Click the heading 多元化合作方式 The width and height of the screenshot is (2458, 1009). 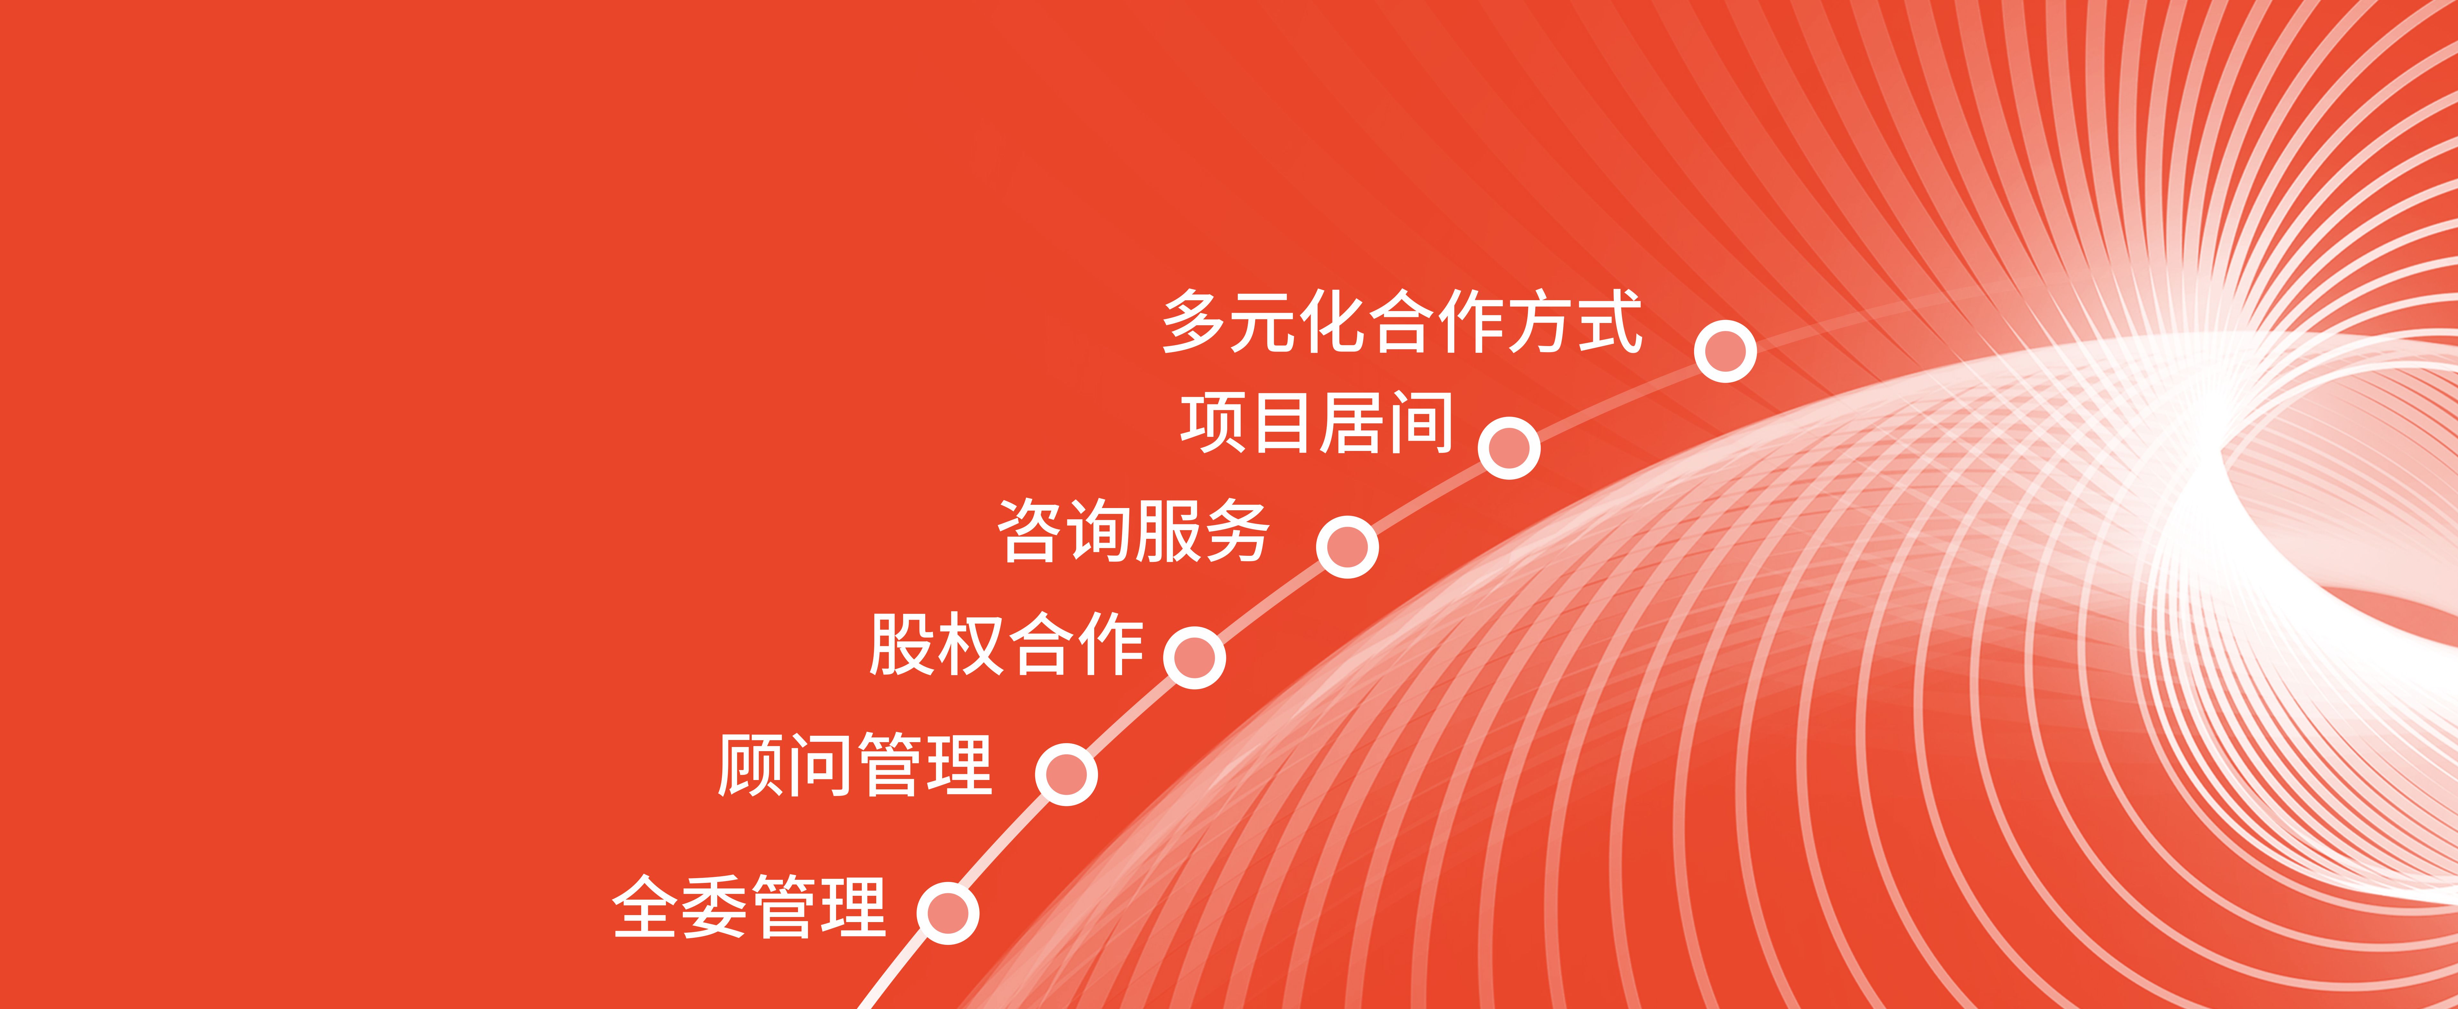[1402, 322]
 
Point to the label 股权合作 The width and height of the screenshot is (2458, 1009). [1007, 644]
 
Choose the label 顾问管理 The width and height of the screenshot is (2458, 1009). [855, 765]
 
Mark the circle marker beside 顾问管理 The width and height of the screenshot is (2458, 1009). [1066, 774]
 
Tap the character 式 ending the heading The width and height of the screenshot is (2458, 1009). [1610, 322]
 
